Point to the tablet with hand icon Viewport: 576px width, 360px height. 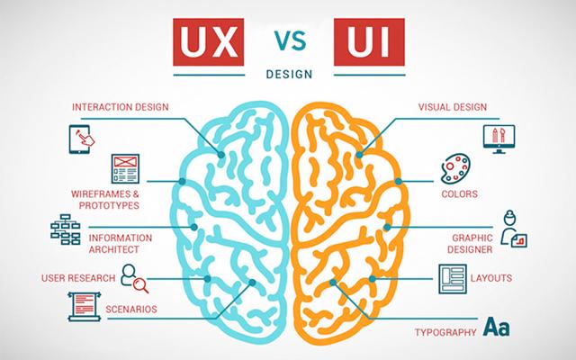tap(82, 139)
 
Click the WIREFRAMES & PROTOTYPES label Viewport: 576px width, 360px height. tap(104, 199)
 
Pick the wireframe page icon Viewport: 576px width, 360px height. tap(124, 167)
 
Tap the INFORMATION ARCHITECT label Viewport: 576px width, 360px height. tap(120, 243)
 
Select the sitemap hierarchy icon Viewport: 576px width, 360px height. tap(65, 229)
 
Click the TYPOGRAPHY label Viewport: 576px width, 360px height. tap(445, 333)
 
